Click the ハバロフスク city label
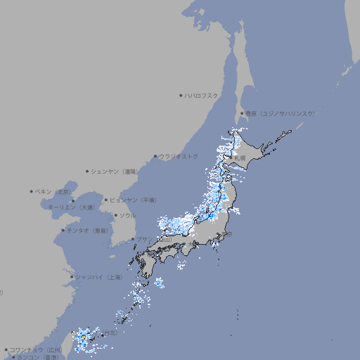[x=201, y=95]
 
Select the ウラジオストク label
[x=179, y=156]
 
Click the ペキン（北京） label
[x=53, y=191]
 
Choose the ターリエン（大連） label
[x=70, y=207]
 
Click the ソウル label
[x=127, y=215]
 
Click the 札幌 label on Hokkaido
[x=240, y=158]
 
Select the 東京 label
[x=229, y=234]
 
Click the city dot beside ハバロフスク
[x=181, y=95]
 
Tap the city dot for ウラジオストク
[x=155, y=156]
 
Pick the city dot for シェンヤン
[x=87, y=171]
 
